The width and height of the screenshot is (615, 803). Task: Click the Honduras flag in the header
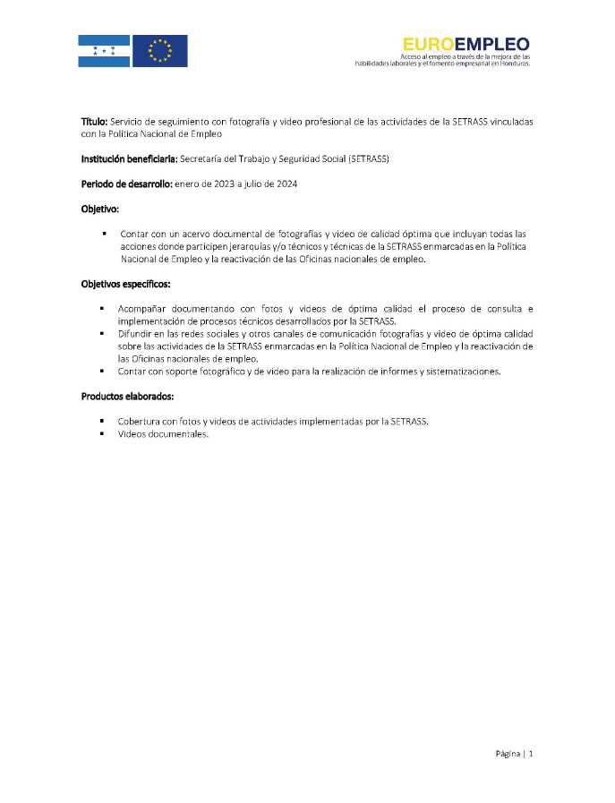[104, 51]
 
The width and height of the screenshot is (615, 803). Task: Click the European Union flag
[160, 51]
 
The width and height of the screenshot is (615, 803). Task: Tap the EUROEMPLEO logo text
[466, 43]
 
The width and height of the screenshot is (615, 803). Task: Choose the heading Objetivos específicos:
[125, 284]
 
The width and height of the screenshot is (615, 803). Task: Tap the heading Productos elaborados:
[122, 396]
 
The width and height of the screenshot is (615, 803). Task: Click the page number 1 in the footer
[531, 754]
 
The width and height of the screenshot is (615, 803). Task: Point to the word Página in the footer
[508, 754]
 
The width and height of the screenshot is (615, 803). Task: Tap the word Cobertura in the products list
[140, 421]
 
